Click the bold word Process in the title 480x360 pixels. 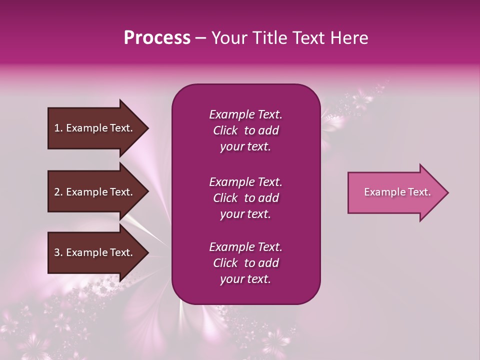157,38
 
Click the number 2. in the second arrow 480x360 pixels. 58,192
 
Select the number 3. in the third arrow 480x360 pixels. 58,252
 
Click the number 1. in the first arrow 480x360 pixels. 58,128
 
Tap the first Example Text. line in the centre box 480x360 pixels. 245,114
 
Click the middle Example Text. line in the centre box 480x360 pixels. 245,181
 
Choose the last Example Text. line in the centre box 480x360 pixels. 245,247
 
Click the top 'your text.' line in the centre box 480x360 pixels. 245,147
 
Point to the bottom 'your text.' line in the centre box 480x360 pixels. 245,279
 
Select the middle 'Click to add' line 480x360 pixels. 245,198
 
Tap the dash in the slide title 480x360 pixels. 201,38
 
